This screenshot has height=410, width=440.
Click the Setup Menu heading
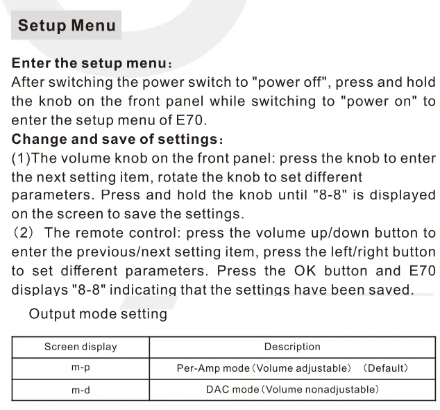coord(67,25)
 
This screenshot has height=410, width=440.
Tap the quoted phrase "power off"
coord(290,82)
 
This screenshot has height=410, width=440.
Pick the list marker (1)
coord(21,158)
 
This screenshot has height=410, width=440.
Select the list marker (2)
coord(24,233)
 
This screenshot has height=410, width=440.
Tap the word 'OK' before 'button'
coord(305,271)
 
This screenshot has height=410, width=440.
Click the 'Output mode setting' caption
coord(98,313)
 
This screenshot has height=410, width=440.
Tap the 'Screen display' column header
coord(81,347)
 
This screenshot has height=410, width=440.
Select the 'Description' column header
coord(292,347)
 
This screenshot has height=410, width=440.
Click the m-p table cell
coord(81,368)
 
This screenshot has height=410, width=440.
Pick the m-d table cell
coord(81,390)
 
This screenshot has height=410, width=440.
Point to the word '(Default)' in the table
coord(386,368)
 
